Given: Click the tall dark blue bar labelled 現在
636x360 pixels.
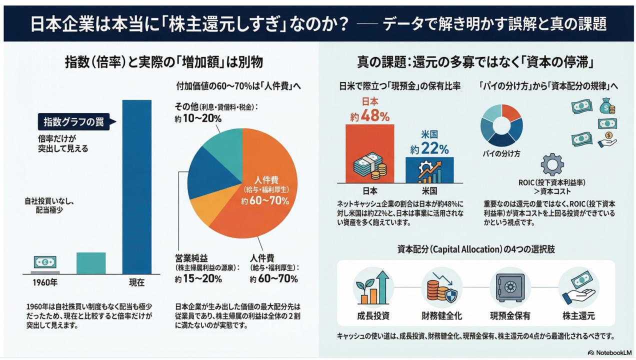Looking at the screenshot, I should tap(136, 187).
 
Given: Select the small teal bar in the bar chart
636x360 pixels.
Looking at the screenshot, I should tap(91, 263).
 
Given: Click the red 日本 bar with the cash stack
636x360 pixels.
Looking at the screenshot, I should tap(369, 155).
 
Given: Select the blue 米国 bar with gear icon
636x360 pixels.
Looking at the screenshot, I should tap(429, 170).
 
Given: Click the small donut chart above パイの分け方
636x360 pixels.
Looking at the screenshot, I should tap(501, 125).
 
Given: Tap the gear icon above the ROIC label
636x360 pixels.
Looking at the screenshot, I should tap(552, 164).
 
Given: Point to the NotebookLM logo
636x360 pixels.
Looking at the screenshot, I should tap(610, 352).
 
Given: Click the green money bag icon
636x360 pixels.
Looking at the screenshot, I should tap(606, 105).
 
